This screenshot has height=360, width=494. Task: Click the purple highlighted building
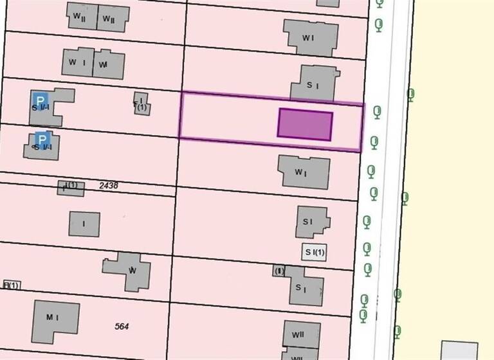(305, 125)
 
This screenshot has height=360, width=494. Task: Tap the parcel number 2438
(108, 185)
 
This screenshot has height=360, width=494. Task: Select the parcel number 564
(122, 327)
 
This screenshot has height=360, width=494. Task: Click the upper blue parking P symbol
(40, 101)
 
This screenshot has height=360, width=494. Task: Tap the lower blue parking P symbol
(42, 139)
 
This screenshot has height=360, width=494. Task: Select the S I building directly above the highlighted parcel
(314, 84)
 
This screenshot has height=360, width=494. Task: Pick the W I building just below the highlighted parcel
(304, 172)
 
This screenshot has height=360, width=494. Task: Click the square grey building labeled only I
(84, 224)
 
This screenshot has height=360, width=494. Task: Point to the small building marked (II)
(279, 271)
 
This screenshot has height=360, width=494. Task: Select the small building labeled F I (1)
(142, 104)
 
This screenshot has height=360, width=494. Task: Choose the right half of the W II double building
(113, 18)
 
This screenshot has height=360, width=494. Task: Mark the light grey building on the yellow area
(459, 350)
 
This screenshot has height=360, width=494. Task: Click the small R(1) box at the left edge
(12, 285)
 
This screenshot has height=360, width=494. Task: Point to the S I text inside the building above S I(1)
(307, 222)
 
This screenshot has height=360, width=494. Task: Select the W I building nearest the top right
(311, 37)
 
